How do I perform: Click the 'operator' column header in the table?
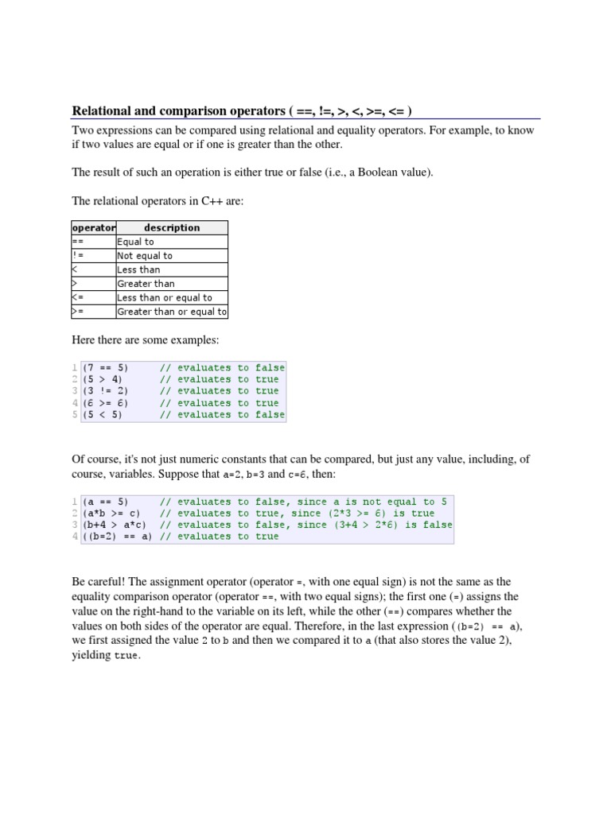(94, 228)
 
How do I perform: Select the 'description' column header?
(172, 228)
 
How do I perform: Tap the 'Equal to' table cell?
(136, 242)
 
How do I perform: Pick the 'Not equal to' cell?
(145, 256)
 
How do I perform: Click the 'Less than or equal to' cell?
(165, 298)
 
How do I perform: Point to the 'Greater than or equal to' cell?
(172, 312)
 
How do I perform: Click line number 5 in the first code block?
(75, 414)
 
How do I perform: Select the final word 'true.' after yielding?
(128, 656)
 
